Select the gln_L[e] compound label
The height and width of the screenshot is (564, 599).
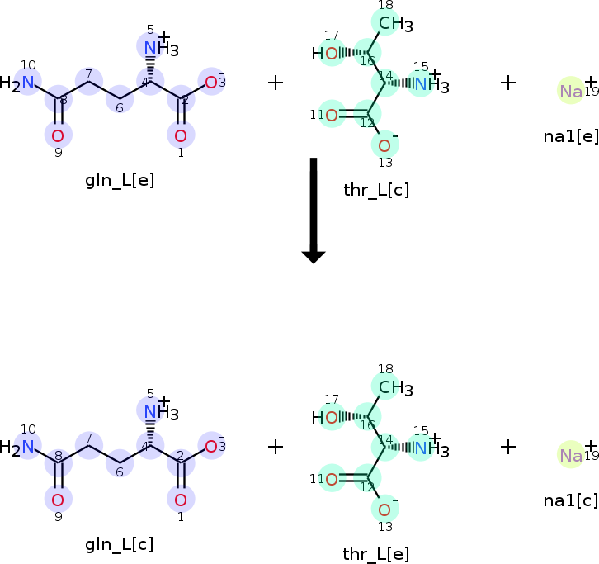point(120,180)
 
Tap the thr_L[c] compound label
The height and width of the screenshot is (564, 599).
point(376,191)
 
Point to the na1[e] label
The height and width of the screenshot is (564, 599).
point(571,136)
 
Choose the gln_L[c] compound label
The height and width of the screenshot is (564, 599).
point(120,544)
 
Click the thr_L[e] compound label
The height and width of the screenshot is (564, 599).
point(376,554)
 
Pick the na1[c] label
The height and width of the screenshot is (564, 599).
point(571,500)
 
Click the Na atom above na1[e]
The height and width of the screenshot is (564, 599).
point(571,91)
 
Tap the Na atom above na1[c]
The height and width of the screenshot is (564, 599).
point(571,455)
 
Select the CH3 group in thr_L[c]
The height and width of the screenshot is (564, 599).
point(394,24)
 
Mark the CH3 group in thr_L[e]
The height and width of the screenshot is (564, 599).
point(394,387)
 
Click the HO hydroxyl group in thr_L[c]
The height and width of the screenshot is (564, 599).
point(326,55)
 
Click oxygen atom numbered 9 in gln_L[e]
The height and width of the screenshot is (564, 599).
point(58,135)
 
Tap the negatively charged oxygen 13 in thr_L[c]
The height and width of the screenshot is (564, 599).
point(384,146)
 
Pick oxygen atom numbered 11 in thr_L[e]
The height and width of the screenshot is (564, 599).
point(332,478)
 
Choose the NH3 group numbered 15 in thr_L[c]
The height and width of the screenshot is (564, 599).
point(429,83)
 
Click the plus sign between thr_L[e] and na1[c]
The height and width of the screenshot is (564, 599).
point(508,447)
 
